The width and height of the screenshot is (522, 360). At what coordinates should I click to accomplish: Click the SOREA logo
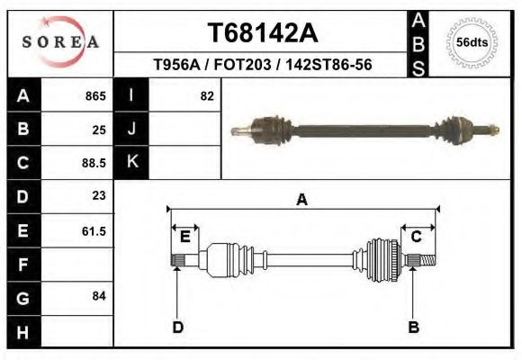click(x=60, y=42)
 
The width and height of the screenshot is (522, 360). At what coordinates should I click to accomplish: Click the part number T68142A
click(x=262, y=32)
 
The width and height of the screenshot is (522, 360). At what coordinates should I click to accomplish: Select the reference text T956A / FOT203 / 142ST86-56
click(x=263, y=66)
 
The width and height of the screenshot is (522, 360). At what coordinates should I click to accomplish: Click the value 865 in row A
click(x=95, y=95)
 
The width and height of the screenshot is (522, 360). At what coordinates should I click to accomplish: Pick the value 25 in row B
click(x=99, y=129)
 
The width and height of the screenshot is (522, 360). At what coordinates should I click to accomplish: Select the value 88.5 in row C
click(x=94, y=163)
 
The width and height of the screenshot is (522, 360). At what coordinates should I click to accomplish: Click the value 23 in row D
click(x=99, y=195)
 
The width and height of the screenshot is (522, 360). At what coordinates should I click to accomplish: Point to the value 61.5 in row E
click(x=94, y=230)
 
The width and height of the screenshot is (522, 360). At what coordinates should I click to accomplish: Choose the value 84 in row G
click(x=99, y=296)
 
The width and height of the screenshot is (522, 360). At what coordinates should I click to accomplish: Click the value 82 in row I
click(x=206, y=95)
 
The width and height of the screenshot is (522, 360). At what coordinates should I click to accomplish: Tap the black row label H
click(x=23, y=331)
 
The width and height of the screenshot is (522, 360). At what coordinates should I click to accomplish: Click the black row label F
click(x=23, y=265)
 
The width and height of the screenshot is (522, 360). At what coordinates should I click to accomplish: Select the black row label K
click(x=132, y=163)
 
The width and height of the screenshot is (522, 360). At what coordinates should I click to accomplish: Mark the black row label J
click(x=132, y=129)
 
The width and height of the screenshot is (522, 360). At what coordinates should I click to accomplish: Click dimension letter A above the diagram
click(x=301, y=200)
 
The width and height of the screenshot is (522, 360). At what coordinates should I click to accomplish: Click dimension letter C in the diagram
click(x=417, y=236)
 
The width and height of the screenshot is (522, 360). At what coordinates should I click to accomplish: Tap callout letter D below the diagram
click(x=177, y=327)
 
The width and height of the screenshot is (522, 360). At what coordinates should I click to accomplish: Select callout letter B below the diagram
click(x=414, y=327)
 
